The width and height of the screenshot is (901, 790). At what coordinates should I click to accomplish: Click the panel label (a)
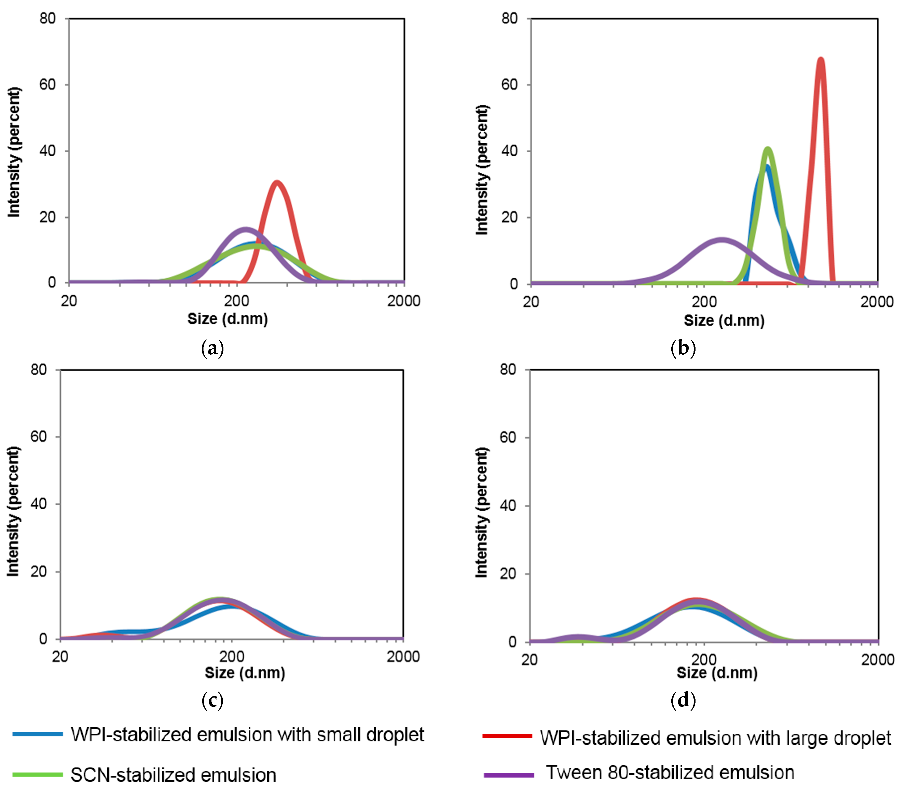tap(212, 348)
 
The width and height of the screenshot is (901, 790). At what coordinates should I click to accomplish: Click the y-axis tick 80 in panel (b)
tap(509, 18)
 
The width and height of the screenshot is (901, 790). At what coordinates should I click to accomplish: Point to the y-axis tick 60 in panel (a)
tap(48, 84)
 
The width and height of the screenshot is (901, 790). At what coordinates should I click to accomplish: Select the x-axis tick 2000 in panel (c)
tap(403, 656)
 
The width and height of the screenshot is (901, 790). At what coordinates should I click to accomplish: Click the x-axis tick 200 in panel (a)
tap(237, 301)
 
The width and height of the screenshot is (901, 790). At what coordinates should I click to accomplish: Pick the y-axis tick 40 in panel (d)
tap(508, 505)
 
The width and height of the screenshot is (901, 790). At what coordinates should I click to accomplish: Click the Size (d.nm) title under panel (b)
tap(724, 320)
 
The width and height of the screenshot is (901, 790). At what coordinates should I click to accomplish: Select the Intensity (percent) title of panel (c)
tap(13, 511)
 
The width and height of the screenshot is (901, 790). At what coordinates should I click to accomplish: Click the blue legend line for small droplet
tap(37, 734)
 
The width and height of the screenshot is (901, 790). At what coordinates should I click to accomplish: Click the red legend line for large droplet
tap(507, 735)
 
